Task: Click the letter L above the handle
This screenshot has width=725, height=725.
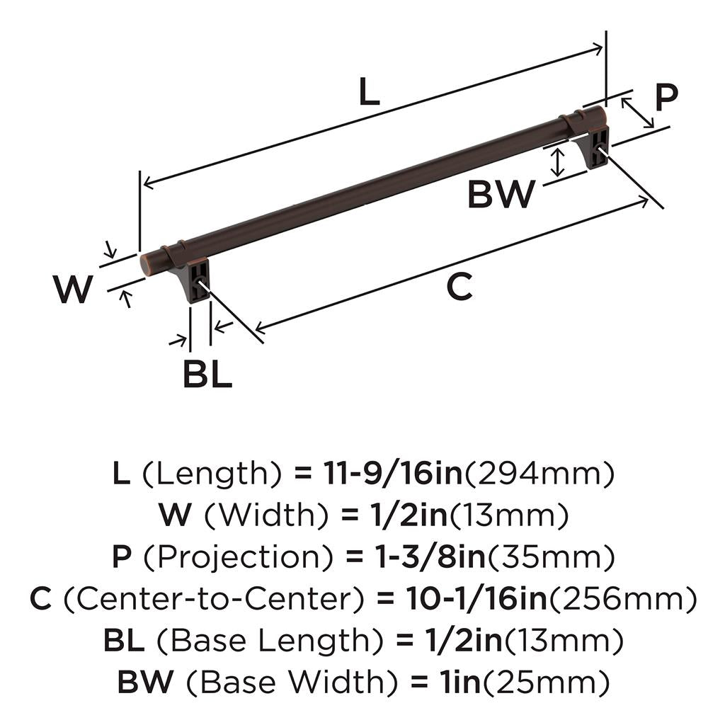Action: [369, 92]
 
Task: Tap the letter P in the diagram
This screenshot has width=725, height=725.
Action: [666, 98]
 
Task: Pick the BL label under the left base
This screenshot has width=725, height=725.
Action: [207, 374]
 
